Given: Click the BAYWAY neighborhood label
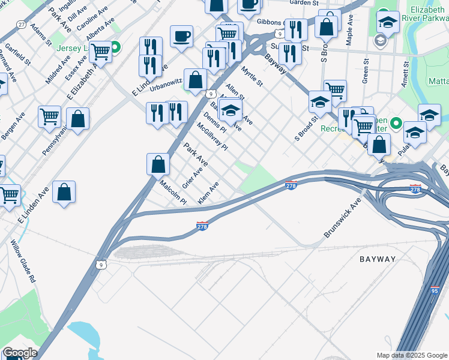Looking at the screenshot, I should (378, 259).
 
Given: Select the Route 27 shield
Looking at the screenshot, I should (22, 24).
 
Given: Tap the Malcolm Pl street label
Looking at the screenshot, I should (173, 193).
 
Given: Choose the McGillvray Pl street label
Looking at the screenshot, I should (213, 136).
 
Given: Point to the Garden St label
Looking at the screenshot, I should (303, 3).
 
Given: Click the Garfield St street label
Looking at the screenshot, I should (17, 53).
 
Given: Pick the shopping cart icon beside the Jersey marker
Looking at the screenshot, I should (101, 52).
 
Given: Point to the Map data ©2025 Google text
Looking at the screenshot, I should (411, 355).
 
